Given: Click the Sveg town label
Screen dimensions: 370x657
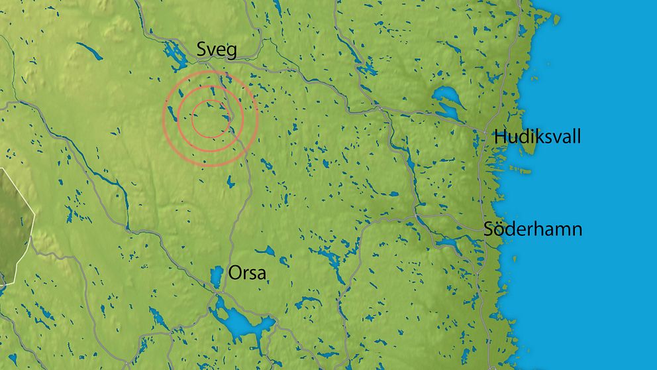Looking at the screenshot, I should pyautogui.click(x=217, y=50).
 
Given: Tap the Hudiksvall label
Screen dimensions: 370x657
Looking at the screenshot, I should pyautogui.click(x=537, y=137).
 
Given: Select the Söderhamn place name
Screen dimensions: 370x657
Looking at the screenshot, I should pyautogui.click(x=532, y=229).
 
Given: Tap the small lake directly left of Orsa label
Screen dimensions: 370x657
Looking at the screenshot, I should pyautogui.click(x=217, y=274).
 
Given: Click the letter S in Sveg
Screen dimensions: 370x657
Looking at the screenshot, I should pyautogui.click(x=201, y=50).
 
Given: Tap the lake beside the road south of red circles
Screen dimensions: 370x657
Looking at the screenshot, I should pyautogui.click(x=230, y=180).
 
